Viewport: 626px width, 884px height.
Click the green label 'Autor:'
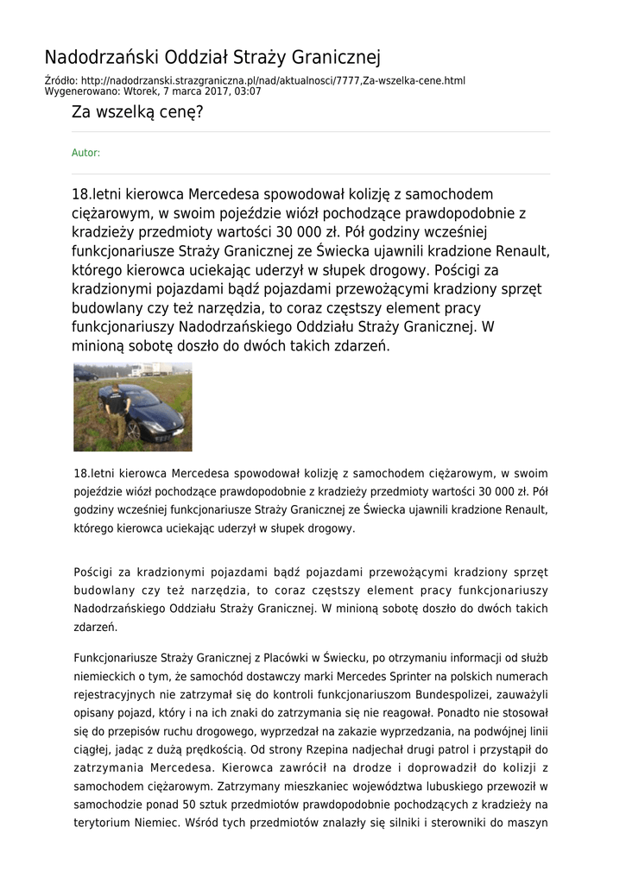click(85, 153)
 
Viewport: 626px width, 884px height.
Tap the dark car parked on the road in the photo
click(85, 376)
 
